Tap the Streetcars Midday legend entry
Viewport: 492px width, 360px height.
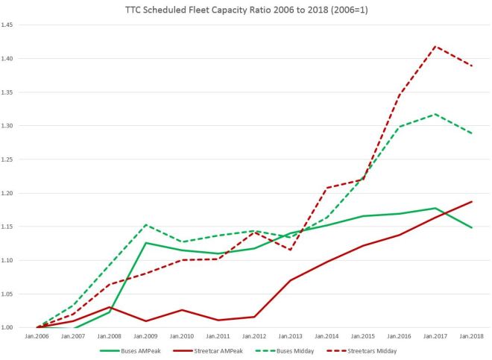(375, 348)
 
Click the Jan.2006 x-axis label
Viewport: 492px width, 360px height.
(37, 336)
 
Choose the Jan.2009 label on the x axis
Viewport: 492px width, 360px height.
(145, 336)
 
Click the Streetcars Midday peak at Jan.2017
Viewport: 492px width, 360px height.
(435, 46)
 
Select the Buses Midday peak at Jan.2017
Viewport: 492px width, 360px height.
(435, 114)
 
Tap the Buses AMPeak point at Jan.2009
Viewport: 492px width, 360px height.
(145, 243)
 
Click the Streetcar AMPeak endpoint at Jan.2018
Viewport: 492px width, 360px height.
(472, 201)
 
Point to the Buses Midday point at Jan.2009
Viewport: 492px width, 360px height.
(145, 224)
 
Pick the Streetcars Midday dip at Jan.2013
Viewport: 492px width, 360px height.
(290, 250)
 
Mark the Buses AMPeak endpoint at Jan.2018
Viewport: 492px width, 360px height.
(472, 227)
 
